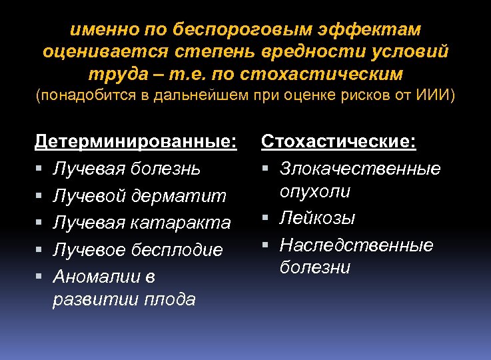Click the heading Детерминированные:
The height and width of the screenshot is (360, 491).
pyautogui.click(x=136, y=142)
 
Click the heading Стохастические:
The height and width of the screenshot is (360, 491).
pyautogui.click(x=338, y=142)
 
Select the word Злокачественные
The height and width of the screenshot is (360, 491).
pyautogui.click(x=360, y=169)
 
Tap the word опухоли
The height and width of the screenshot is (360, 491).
pyautogui.click(x=315, y=191)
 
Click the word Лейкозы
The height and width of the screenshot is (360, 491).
pyautogui.click(x=318, y=218)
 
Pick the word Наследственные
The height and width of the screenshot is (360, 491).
pyautogui.click(x=356, y=245)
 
